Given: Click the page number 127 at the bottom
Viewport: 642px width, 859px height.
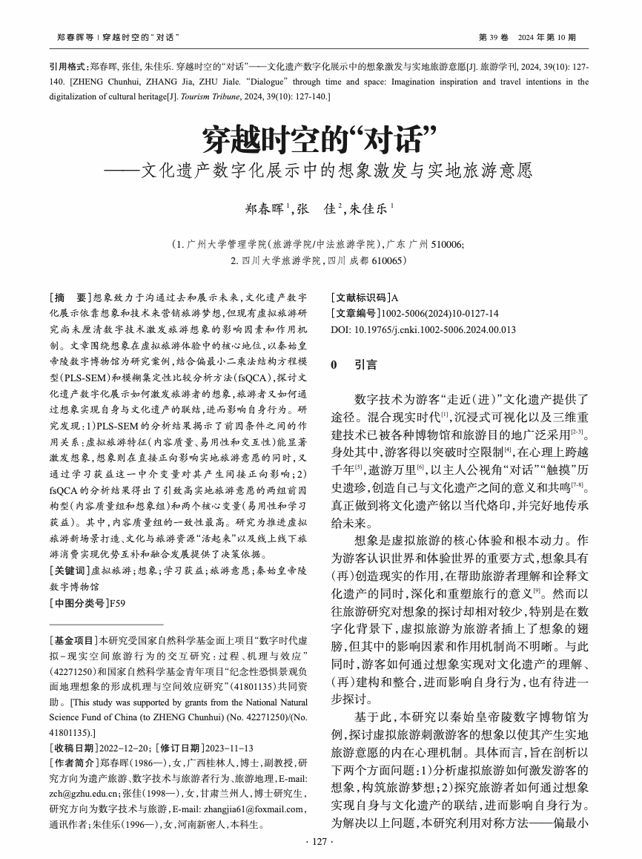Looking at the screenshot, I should coord(320,840).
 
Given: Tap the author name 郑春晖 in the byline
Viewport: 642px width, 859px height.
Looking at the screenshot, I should coord(266,208).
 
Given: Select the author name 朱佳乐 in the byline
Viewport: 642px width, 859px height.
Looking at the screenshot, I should coord(368,208).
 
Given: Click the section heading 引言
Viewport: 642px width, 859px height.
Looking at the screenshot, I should coord(365,364).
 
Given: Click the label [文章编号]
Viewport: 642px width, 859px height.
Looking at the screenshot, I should coord(356,313).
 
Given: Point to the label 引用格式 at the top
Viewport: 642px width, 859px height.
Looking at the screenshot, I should coord(68,66).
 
